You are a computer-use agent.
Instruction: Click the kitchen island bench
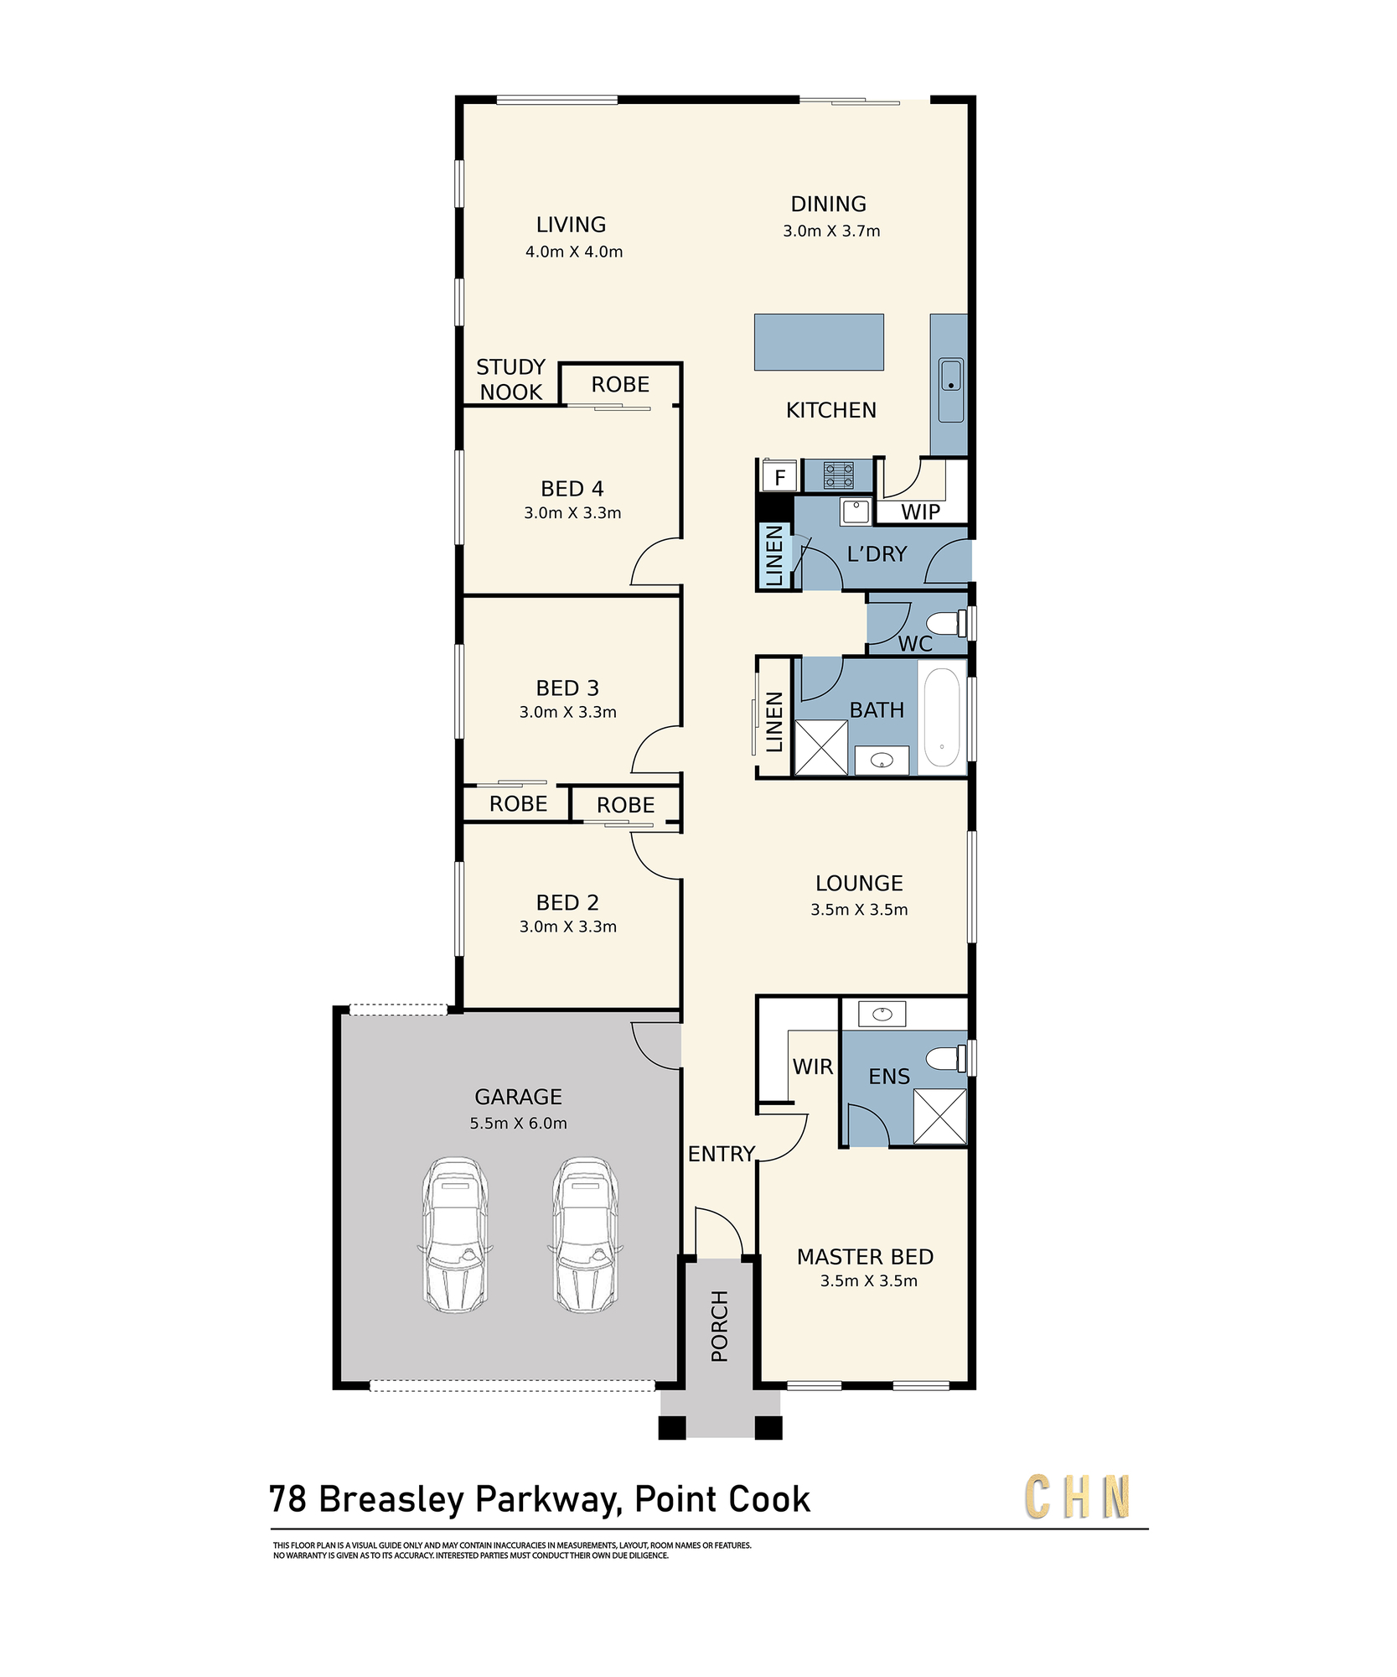click(x=819, y=342)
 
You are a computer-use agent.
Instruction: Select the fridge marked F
click(x=780, y=477)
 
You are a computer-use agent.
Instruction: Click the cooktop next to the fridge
click(x=838, y=475)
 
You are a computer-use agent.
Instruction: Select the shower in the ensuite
click(x=939, y=1116)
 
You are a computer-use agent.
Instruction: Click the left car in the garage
click(x=453, y=1235)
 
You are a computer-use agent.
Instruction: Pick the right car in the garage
click(x=585, y=1235)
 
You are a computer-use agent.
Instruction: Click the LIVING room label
click(x=571, y=225)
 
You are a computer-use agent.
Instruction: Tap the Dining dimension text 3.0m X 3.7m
click(x=831, y=231)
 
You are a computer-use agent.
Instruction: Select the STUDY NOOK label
click(x=511, y=380)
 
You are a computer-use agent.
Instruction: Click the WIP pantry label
click(x=920, y=512)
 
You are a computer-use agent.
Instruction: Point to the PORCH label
click(x=719, y=1326)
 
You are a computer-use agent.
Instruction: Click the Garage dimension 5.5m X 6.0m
click(x=518, y=1124)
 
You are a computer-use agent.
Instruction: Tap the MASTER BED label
click(x=865, y=1257)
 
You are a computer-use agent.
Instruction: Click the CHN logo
click(x=1078, y=1497)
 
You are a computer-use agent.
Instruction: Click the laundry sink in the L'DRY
click(x=856, y=511)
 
